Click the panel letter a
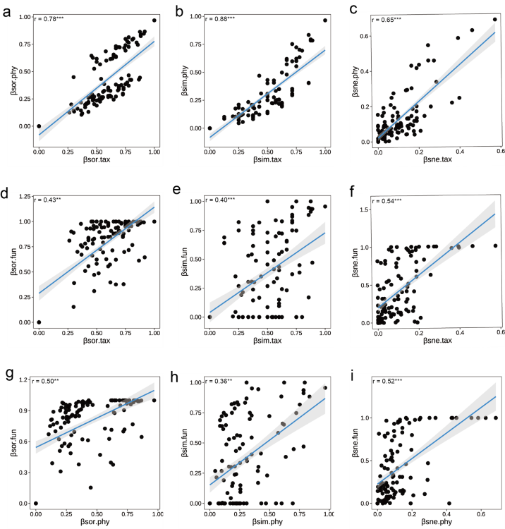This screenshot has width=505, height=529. click(x=6, y=12)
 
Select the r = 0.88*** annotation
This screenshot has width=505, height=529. click(x=219, y=19)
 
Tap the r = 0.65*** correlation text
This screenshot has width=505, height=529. click(x=387, y=20)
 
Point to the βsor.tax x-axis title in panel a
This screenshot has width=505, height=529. click(x=97, y=159)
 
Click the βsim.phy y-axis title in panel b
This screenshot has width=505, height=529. click(x=184, y=80)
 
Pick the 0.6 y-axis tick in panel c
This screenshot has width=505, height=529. click(x=365, y=36)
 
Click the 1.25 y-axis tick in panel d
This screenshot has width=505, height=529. click(x=25, y=196)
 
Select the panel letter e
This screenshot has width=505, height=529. click(x=177, y=190)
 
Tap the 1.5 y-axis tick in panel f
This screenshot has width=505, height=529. click(x=365, y=209)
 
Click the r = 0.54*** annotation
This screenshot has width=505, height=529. click(x=387, y=201)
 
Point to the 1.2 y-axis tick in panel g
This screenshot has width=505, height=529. click(x=23, y=380)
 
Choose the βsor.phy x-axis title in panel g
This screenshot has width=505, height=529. click(x=95, y=522)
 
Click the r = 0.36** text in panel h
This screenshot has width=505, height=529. click(x=219, y=381)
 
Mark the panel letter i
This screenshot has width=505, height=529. click(x=353, y=376)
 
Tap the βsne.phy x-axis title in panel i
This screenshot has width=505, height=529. click(x=437, y=522)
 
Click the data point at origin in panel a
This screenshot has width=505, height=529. click(x=39, y=126)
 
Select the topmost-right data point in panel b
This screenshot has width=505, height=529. click(x=325, y=20)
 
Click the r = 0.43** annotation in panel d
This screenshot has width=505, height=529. click(x=47, y=200)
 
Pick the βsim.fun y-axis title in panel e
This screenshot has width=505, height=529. click(x=184, y=262)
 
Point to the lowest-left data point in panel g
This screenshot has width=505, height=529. click(x=36, y=504)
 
